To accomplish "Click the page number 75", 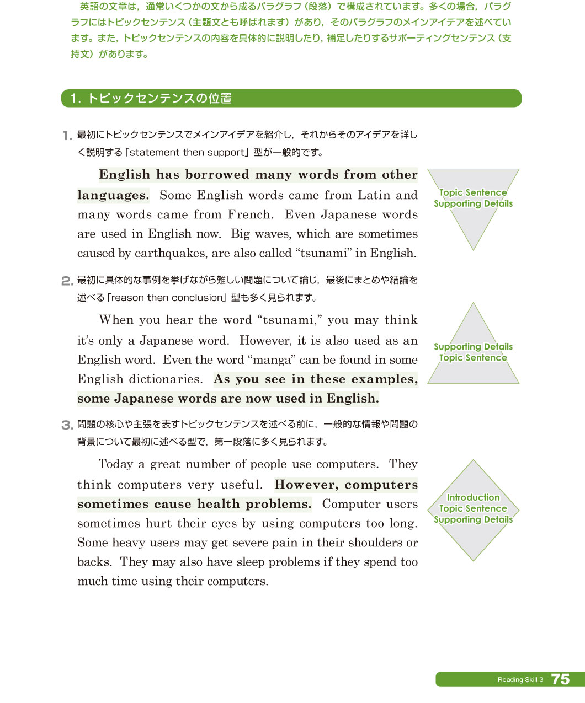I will click(560, 679).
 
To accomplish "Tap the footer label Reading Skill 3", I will click(520, 680).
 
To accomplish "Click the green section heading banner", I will click(291, 98).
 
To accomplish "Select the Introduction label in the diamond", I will click(473, 497).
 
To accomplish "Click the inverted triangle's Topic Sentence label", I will click(473, 192).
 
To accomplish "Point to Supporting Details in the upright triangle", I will click(473, 347).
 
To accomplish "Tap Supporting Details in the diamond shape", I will click(473, 519).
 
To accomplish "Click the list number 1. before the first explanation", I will click(67, 136).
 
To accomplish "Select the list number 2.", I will click(67, 281).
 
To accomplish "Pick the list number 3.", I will click(67, 425).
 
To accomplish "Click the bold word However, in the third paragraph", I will click(306, 485).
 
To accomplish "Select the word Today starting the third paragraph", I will click(115, 464).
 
